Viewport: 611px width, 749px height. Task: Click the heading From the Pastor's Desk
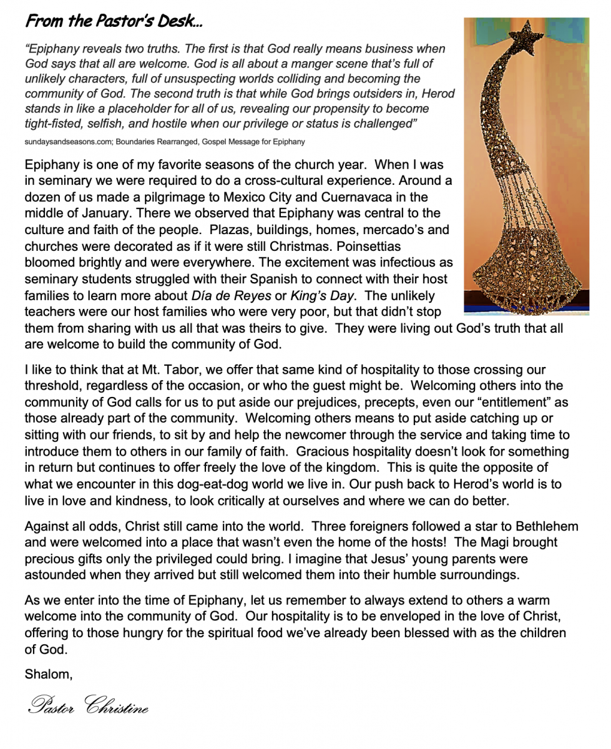(x=114, y=22)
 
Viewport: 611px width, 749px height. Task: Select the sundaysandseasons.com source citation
(x=165, y=142)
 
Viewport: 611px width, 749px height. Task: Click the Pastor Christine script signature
(x=88, y=705)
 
